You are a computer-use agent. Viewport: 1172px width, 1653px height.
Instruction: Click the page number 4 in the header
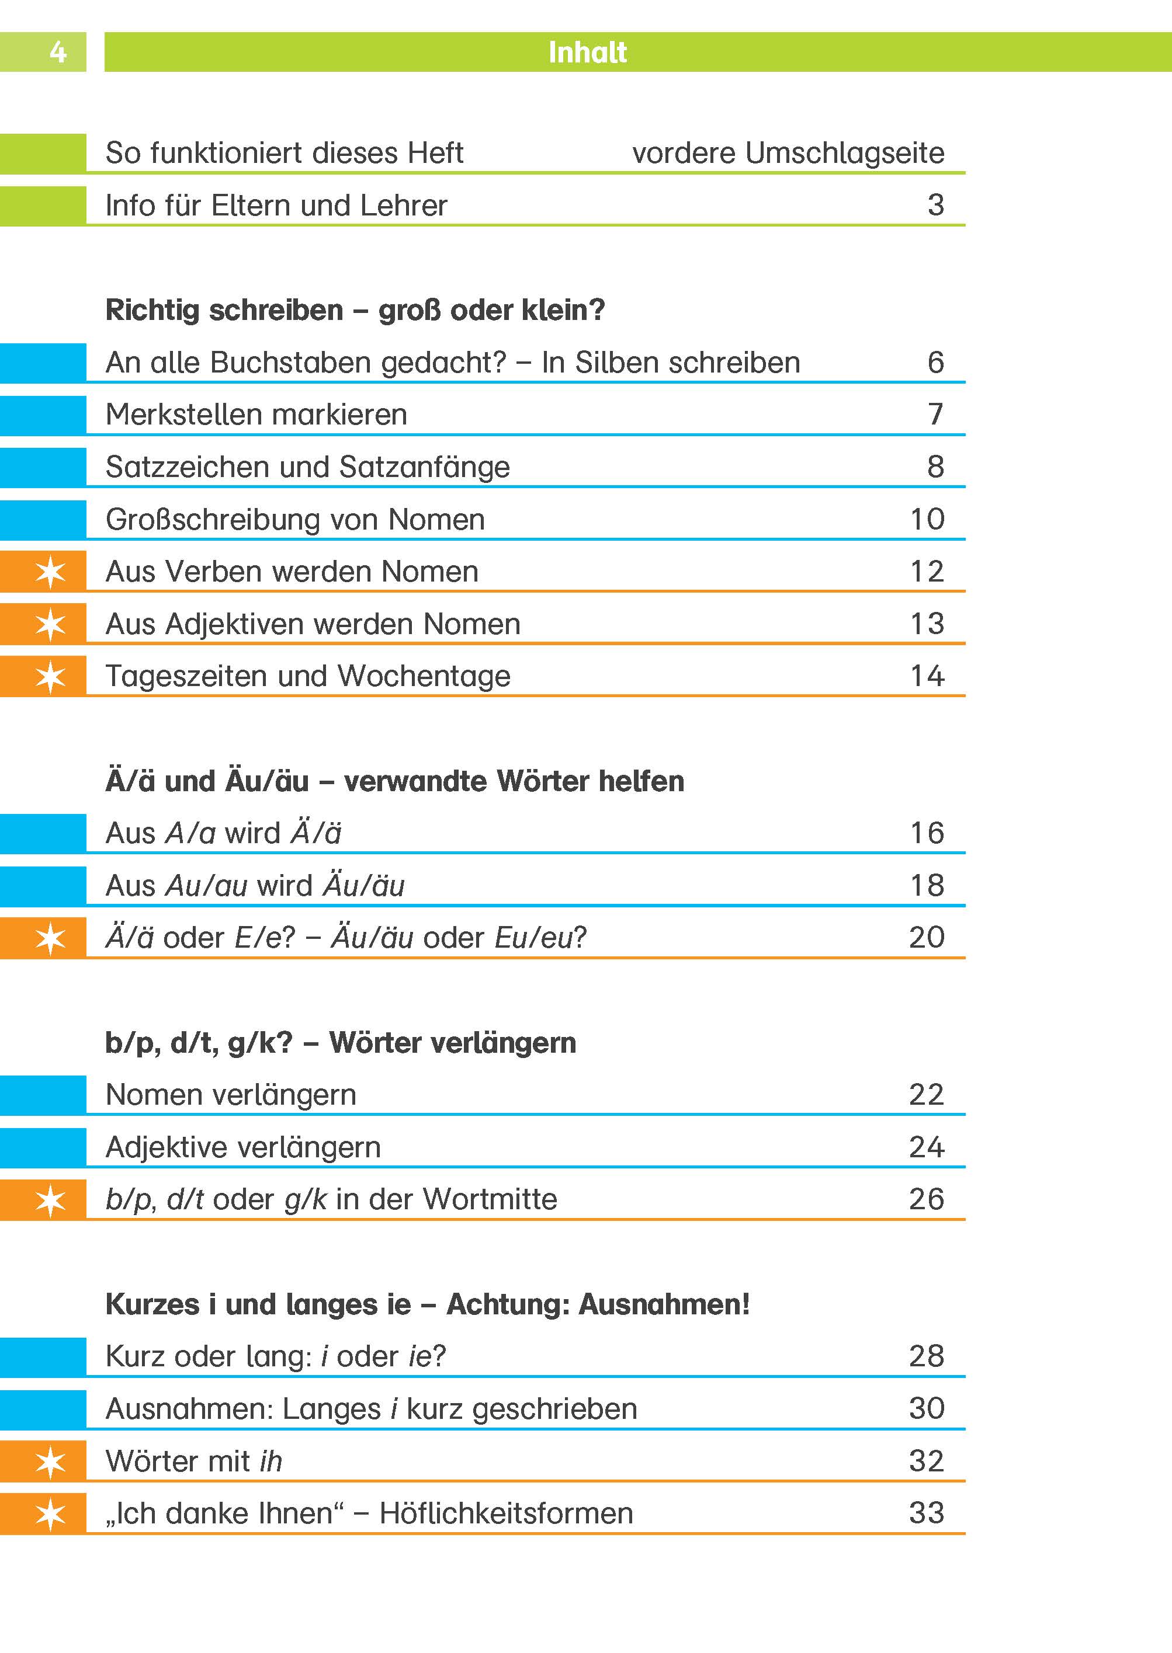(58, 52)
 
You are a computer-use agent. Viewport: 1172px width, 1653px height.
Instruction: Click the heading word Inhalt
(587, 52)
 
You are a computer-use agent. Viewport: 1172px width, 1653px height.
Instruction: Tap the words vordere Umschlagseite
(788, 153)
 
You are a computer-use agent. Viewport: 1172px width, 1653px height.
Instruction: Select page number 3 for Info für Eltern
(935, 205)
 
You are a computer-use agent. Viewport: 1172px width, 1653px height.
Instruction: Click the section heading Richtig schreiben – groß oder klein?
(355, 310)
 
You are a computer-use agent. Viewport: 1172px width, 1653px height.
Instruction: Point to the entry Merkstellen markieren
(256, 415)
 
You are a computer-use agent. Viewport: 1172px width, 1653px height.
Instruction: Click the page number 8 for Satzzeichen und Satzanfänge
(935, 467)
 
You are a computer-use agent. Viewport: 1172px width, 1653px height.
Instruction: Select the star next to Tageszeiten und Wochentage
(50, 677)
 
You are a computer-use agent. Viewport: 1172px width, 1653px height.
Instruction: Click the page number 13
(927, 624)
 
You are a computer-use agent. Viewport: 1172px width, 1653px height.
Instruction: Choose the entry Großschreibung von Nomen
(295, 519)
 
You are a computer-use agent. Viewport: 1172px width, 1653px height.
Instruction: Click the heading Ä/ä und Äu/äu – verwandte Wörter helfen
(395, 781)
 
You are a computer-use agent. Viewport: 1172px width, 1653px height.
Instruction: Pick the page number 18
(927, 886)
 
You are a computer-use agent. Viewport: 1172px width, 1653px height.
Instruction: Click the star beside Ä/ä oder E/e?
(50, 939)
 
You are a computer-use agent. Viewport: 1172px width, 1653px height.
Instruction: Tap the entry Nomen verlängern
(231, 1095)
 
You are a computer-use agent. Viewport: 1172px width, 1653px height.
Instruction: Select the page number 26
(927, 1199)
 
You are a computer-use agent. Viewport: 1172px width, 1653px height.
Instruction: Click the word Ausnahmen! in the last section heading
(664, 1304)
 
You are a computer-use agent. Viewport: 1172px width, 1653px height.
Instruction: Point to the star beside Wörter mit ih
(50, 1462)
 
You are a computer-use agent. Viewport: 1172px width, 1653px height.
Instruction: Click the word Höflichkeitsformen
(506, 1513)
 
